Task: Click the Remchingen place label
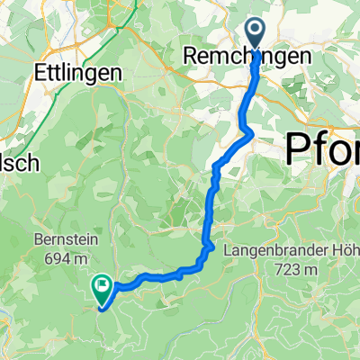tap(249, 57)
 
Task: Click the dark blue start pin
tap(256, 35)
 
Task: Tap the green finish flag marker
tap(102, 288)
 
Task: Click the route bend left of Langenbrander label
tap(210, 244)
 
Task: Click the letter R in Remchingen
tap(190, 57)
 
